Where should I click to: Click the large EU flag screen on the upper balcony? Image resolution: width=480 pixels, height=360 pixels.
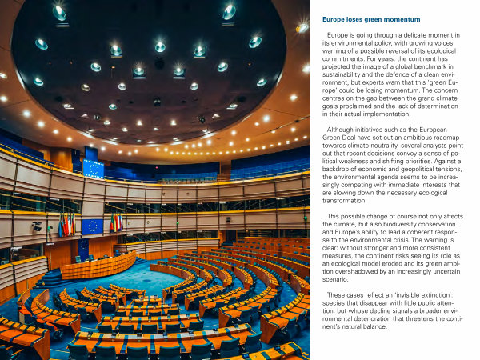pos(94,168)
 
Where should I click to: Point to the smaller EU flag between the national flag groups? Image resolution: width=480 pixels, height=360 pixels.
pos(92,226)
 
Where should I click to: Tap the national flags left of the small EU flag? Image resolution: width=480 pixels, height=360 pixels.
pos(66,224)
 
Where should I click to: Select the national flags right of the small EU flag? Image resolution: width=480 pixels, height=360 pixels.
pos(116,223)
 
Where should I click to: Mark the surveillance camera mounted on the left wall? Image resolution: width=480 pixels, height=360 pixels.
pos(36,226)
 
